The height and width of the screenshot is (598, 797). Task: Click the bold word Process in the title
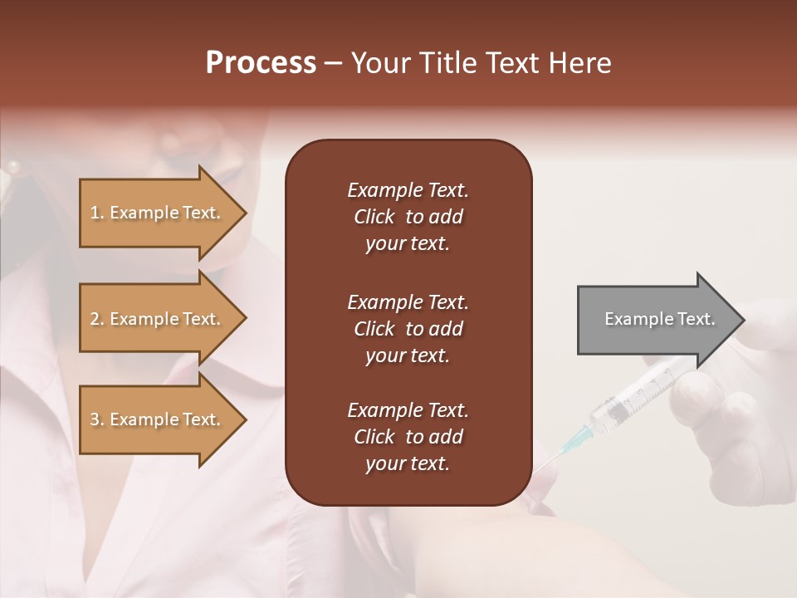pyautogui.click(x=261, y=63)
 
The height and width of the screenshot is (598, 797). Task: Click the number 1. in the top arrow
pyautogui.click(x=97, y=213)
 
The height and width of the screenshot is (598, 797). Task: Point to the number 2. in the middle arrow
pyautogui.click(x=97, y=319)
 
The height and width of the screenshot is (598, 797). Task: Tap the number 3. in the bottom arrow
pyautogui.click(x=97, y=419)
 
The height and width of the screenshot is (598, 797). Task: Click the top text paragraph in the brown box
pyautogui.click(x=408, y=217)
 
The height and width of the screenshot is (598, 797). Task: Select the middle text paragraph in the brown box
pyautogui.click(x=408, y=328)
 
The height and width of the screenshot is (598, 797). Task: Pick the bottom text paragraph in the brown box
pyautogui.click(x=408, y=437)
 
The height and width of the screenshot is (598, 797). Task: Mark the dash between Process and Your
pyautogui.click(x=334, y=64)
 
